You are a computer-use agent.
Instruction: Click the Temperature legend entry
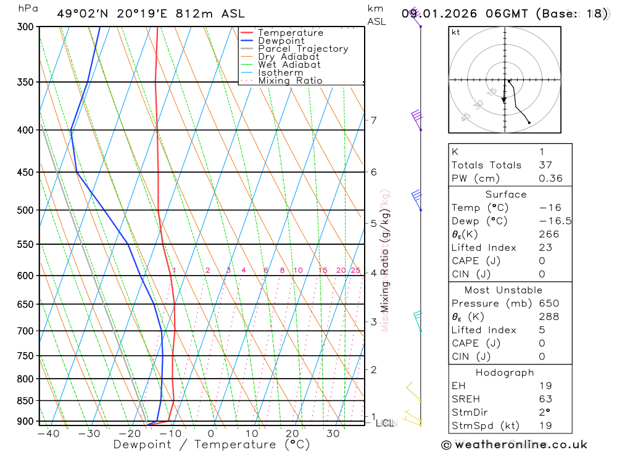click(290, 33)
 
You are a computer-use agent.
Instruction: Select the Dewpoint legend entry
click(281, 41)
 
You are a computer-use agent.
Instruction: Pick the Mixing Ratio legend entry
click(290, 80)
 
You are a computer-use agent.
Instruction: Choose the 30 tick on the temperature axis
click(333, 434)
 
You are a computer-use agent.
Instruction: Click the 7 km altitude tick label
click(374, 120)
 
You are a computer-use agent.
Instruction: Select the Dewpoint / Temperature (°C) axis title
click(212, 444)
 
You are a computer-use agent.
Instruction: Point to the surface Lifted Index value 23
click(545, 247)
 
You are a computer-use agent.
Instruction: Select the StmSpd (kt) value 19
click(545, 425)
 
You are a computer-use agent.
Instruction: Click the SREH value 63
click(545, 399)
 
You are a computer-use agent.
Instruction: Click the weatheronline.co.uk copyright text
click(514, 444)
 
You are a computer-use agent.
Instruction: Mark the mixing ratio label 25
click(355, 270)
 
